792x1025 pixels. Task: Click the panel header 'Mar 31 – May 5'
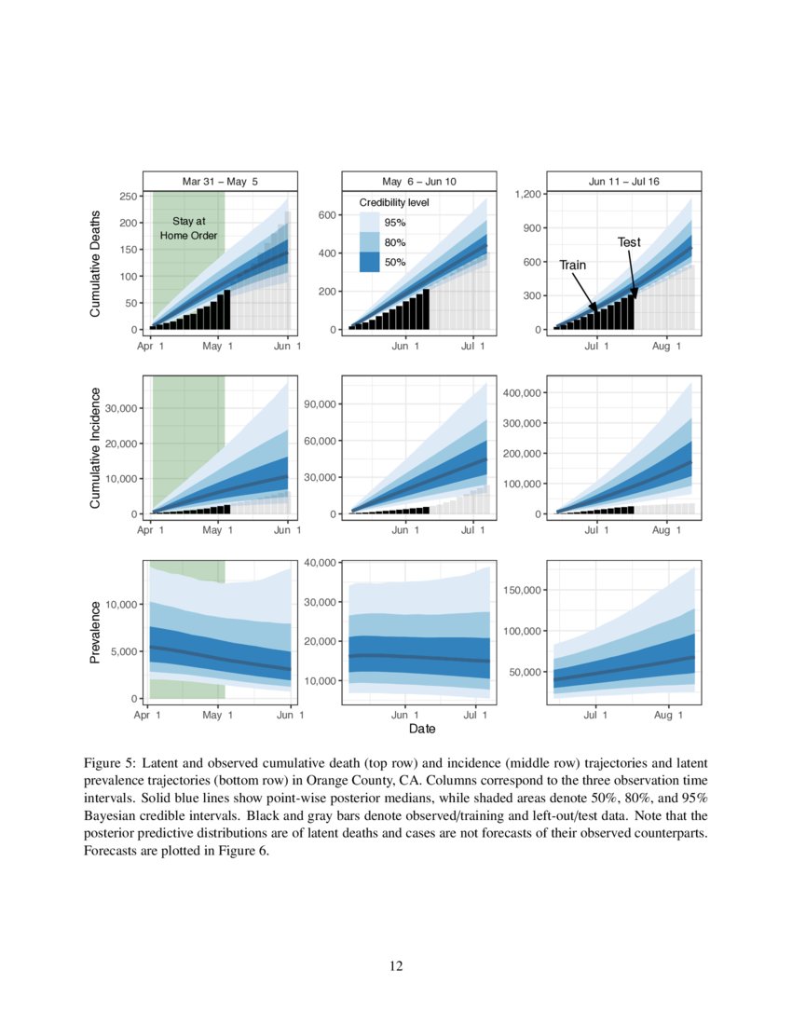pyautogui.click(x=220, y=181)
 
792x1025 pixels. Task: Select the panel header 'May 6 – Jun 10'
pyautogui.click(x=419, y=181)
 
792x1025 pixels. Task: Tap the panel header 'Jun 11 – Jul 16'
pyautogui.click(x=623, y=181)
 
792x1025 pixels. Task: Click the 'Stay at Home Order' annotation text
pyautogui.click(x=188, y=228)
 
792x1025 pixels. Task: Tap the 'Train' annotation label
pyautogui.click(x=572, y=266)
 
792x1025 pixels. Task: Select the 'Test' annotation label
pyautogui.click(x=629, y=242)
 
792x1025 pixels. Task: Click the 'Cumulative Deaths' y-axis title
pyautogui.click(x=95, y=263)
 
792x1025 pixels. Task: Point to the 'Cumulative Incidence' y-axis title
pyautogui.click(x=95, y=446)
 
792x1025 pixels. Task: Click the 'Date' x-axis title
pyautogui.click(x=422, y=728)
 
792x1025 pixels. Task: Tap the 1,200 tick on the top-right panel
pyautogui.click(x=526, y=194)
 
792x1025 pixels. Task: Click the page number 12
pyautogui.click(x=396, y=966)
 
